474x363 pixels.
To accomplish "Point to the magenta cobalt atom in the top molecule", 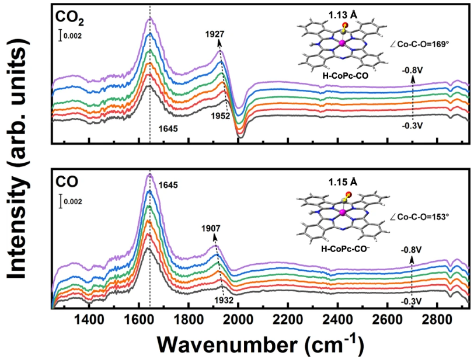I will [339, 44].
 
